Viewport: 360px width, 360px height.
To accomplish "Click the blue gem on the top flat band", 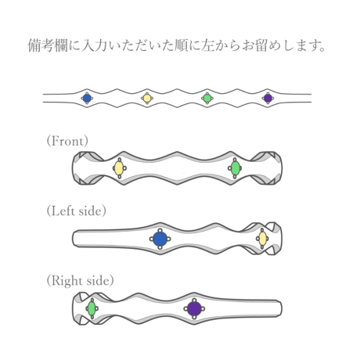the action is [x=87, y=99].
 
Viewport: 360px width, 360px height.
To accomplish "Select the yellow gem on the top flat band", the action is [x=147, y=99].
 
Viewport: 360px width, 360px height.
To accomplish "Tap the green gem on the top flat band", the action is [x=207, y=99].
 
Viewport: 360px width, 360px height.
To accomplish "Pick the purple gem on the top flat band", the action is [x=268, y=99].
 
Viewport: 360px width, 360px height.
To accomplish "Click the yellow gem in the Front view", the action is [x=119, y=168].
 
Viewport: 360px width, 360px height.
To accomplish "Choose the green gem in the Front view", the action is [x=236, y=168].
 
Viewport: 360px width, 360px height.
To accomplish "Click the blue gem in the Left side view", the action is [x=160, y=239].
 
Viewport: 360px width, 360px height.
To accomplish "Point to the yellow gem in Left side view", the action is [x=263, y=239].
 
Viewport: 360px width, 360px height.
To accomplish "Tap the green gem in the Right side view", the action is [x=92, y=308].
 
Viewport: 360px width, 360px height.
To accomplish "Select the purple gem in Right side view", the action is [x=194, y=308].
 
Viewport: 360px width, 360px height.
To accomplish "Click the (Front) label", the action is [x=67, y=141].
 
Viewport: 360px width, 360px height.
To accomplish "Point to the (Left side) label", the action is [x=77, y=211].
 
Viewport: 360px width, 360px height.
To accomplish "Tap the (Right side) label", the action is [x=80, y=281].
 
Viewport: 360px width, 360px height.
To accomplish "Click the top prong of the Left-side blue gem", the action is [x=160, y=230].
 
